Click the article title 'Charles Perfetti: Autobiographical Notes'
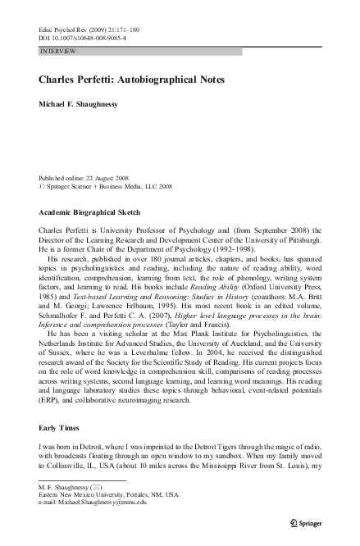132,80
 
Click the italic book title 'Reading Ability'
205,289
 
